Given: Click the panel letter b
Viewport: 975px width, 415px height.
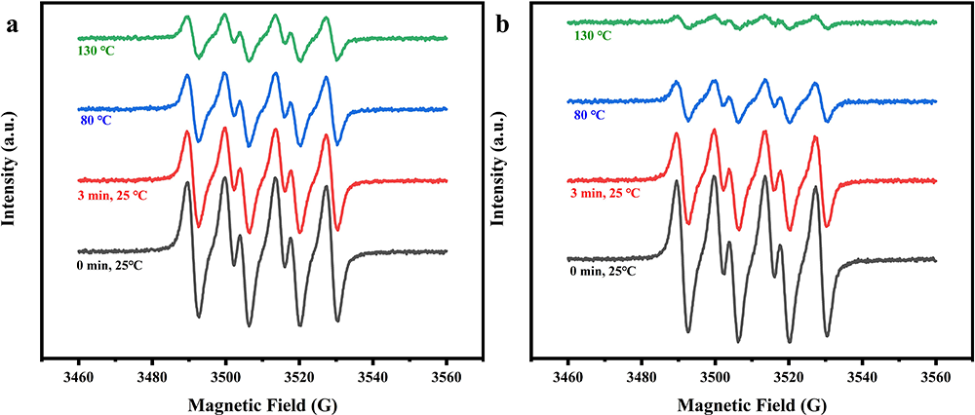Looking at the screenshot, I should [503, 26].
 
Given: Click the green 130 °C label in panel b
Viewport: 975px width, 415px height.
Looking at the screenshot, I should [591, 36].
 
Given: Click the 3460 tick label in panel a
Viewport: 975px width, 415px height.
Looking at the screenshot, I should [78, 377].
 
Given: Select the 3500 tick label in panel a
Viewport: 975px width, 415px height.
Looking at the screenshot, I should [225, 377].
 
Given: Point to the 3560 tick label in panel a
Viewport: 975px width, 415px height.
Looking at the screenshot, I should [447, 377].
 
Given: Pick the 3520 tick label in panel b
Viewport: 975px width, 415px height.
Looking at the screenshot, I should [789, 377].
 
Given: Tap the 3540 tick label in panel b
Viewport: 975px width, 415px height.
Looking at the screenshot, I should [862, 377].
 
